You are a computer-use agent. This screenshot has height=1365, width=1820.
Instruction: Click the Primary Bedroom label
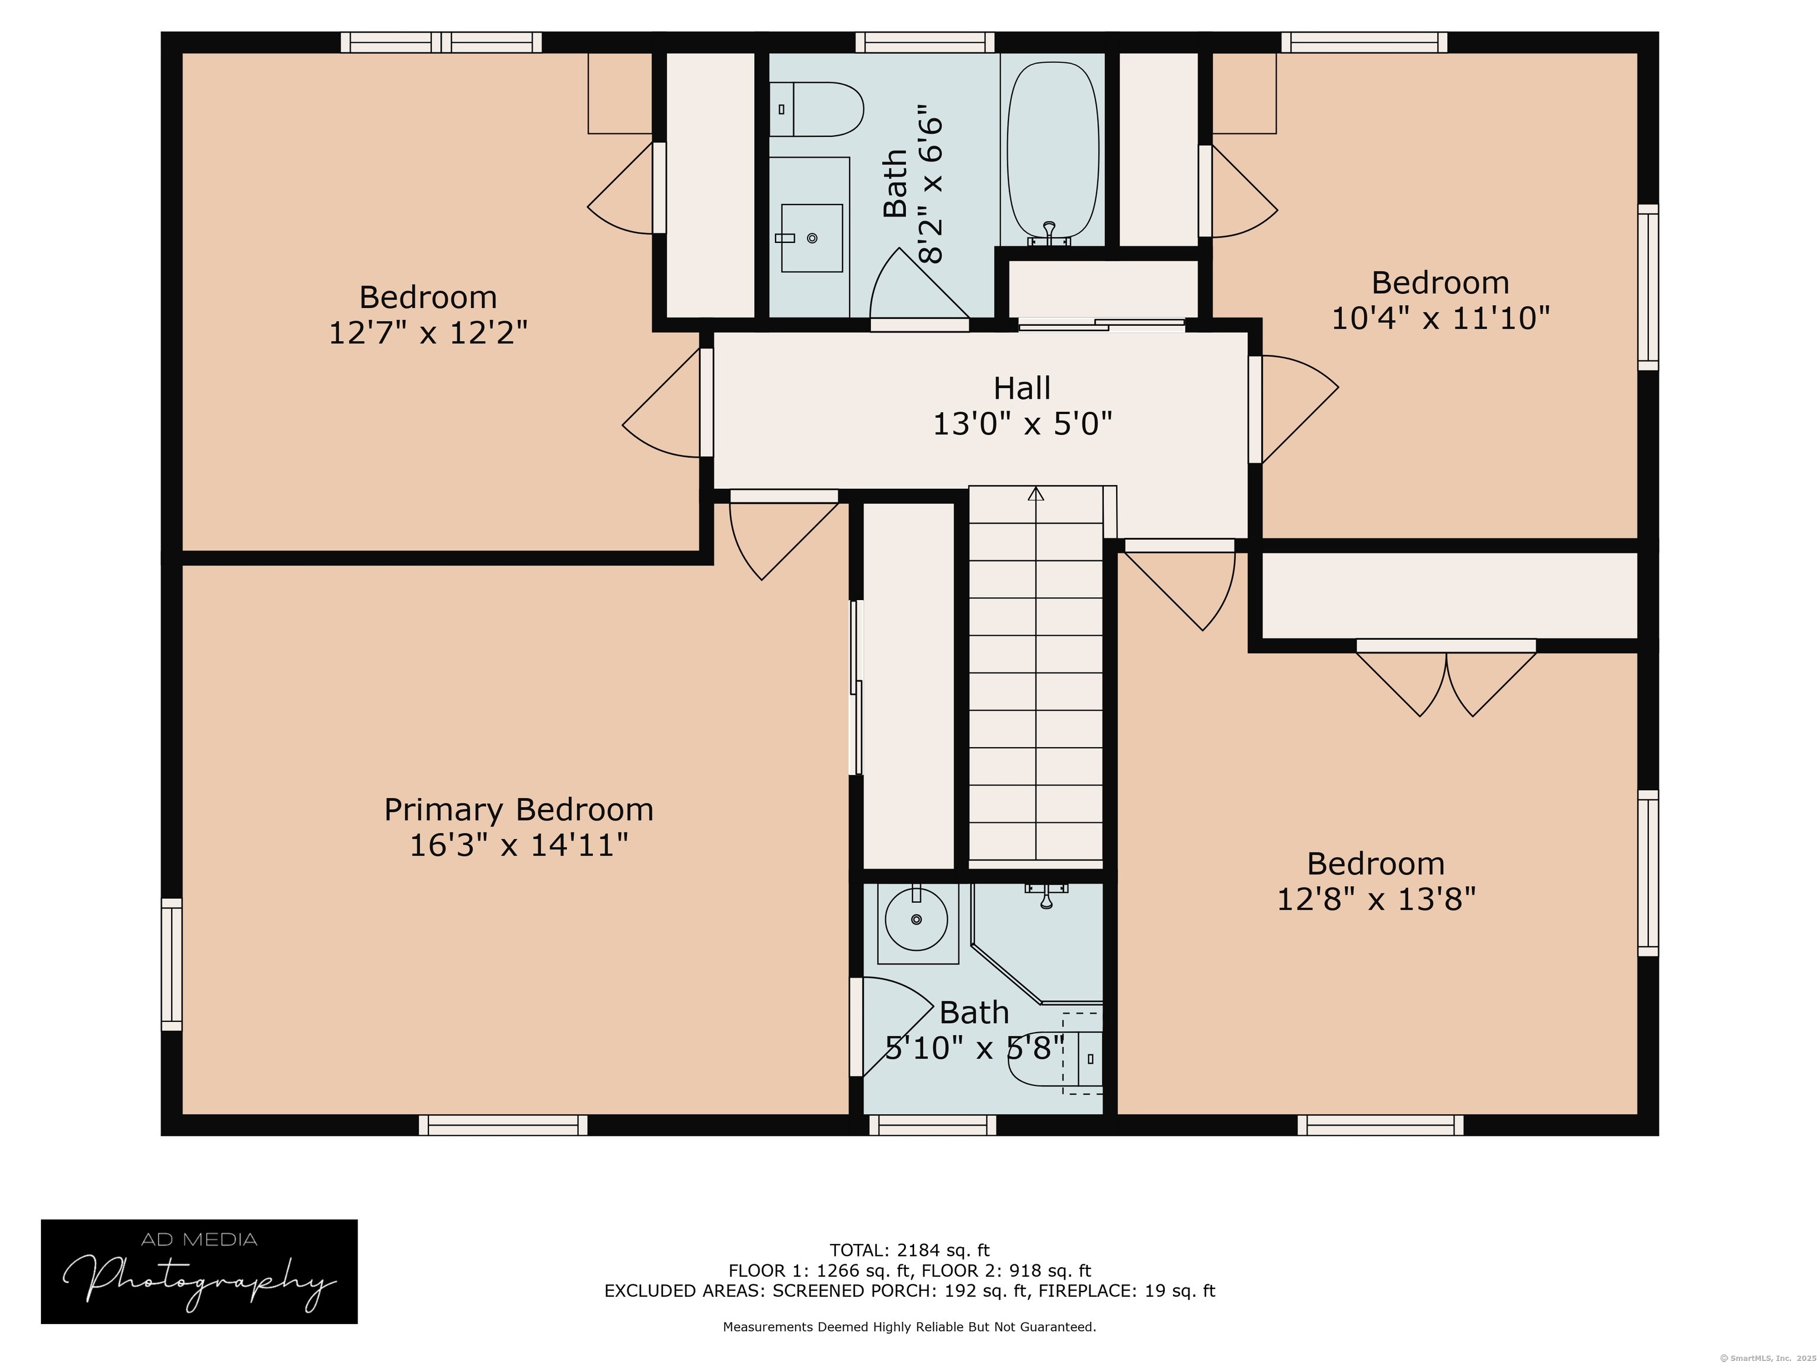[x=518, y=810]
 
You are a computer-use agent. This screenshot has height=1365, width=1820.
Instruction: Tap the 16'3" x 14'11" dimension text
[x=518, y=845]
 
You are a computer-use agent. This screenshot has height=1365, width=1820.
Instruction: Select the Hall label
[x=1022, y=387]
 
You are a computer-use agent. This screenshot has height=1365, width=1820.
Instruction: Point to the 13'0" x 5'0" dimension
[x=1022, y=424]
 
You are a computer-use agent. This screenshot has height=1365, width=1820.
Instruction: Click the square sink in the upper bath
[x=811, y=238]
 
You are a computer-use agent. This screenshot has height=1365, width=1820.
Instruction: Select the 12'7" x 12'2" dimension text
[x=428, y=332]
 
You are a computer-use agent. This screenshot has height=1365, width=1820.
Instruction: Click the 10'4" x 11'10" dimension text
[x=1441, y=318]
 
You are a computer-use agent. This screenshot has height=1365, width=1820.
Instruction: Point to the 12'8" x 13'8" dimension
[x=1376, y=899]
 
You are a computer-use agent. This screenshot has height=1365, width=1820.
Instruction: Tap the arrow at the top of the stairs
[x=1036, y=494]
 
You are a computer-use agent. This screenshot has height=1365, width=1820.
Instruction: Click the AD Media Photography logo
[x=199, y=1271]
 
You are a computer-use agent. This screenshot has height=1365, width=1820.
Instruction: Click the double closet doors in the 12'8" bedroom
[x=1446, y=680]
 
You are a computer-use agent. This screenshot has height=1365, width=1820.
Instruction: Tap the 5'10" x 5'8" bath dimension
[x=976, y=1048]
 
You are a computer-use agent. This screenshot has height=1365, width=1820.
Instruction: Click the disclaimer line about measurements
[x=909, y=1326]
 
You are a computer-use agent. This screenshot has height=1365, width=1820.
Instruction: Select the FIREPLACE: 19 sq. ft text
[x=1126, y=1291]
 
